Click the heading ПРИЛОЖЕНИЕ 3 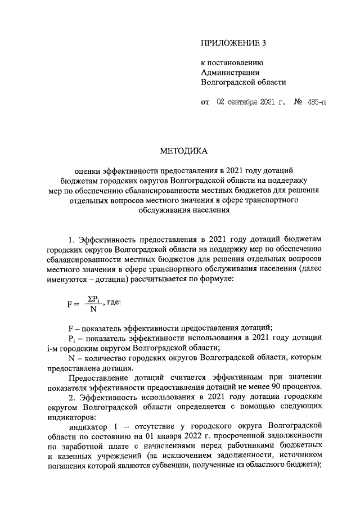pyautogui.click(x=232, y=43)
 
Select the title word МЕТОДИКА pyautogui.click(x=184, y=151)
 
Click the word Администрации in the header pyautogui.click(x=230, y=71)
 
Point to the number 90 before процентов pyautogui.click(x=277, y=386)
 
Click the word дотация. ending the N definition pyautogui.click(x=100, y=367)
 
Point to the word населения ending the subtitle pyautogui.click(x=206, y=210)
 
